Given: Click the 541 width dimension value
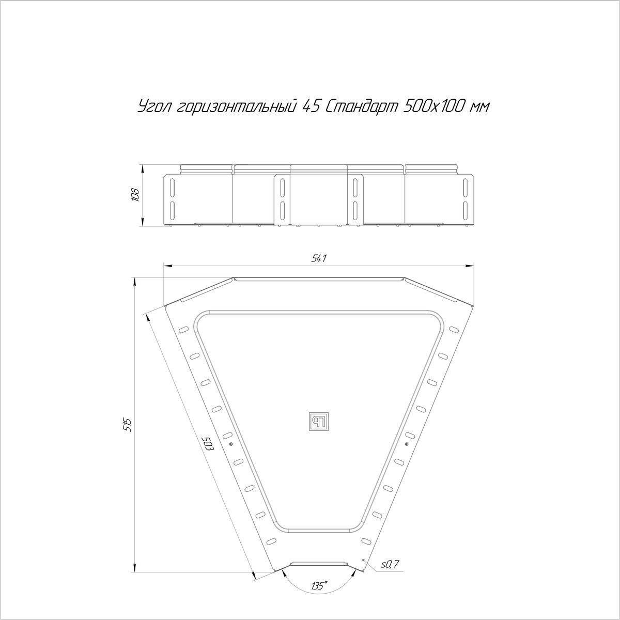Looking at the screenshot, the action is point(319,258).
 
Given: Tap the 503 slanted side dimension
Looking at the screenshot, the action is point(208,445).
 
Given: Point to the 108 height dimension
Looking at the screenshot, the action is point(135,195).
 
